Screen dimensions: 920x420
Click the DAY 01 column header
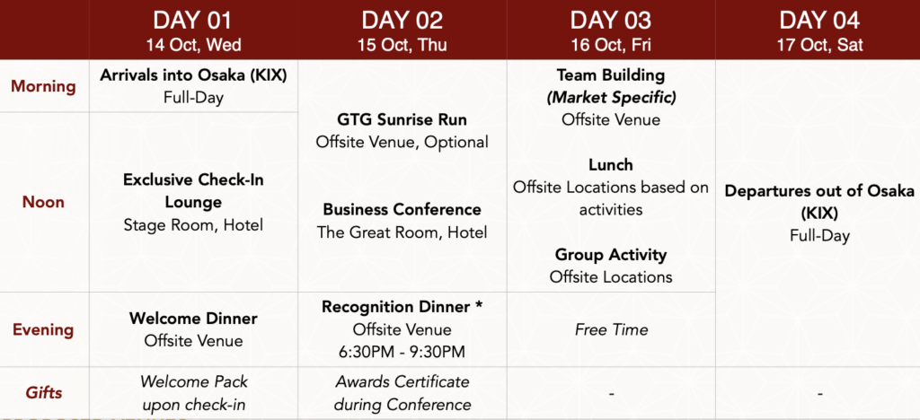(192, 21)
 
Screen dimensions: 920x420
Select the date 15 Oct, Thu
(402, 45)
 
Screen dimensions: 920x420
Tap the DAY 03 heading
(611, 21)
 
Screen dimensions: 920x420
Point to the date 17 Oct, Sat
(819, 45)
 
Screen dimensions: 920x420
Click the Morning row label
(43, 87)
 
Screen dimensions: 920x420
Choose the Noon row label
(43, 202)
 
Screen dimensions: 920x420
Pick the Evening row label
(43, 329)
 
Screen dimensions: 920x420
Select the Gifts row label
(44, 392)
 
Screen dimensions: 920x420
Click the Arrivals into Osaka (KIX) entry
(193, 75)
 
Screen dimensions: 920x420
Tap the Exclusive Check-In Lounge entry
(193, 191)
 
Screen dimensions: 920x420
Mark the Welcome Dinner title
(193, 319)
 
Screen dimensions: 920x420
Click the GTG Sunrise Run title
(402, 120)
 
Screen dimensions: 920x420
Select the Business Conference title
(402, 210)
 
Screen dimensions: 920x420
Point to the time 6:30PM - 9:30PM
(402, 352)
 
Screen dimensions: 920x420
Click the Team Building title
(611, 75)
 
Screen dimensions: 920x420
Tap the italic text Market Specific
(611, 97)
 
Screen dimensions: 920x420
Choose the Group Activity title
(611, 255)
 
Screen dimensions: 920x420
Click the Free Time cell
(611, 329)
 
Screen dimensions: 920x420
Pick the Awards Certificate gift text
(402, 382)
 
